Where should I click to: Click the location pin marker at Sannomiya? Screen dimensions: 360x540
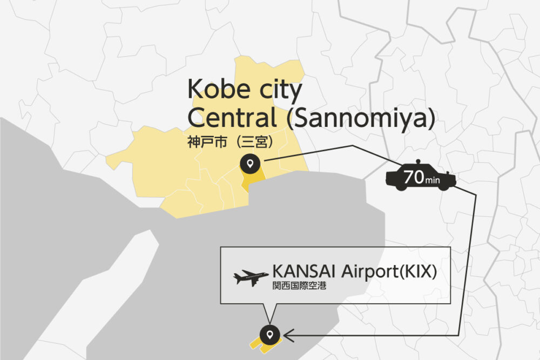coord(249,162)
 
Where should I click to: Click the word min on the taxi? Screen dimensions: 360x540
coord(433,180)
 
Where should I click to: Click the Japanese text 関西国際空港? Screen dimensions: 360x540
coord(299,287)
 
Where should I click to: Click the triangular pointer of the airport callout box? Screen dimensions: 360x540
coord(269,312)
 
